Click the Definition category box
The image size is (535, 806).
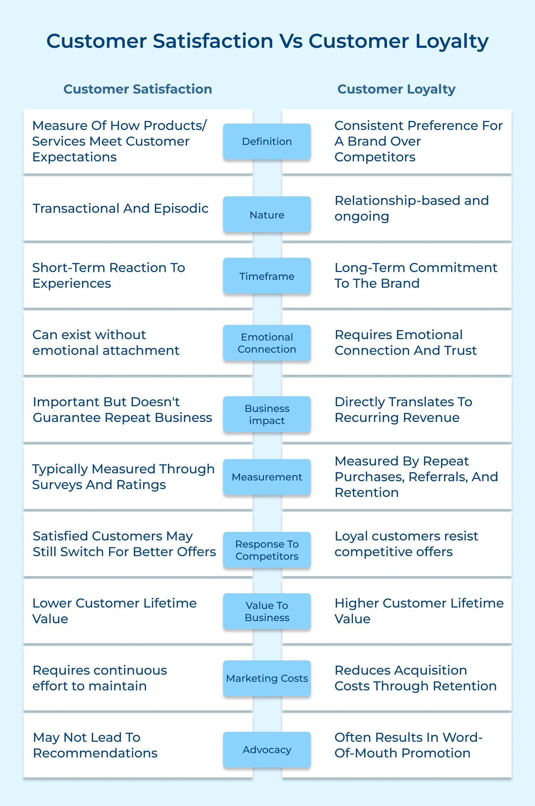[267, 141]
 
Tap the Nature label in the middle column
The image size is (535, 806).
[267, 215]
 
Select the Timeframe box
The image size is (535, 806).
[267, 276]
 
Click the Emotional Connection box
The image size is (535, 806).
[267, 343]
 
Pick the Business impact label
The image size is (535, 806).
[267, 414]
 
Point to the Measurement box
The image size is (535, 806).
[267, 477]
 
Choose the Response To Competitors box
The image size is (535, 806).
[267, 550]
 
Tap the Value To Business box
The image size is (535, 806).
[267, 611]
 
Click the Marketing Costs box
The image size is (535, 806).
[267, 678]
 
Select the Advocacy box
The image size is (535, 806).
[267, 750]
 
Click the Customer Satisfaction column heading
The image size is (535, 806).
[138, 89]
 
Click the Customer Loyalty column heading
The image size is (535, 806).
[396, 89]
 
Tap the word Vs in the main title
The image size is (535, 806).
[291, 41]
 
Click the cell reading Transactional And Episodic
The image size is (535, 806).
[121, 208]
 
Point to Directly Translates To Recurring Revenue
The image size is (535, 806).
[403, 410]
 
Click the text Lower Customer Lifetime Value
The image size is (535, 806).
[114, 611]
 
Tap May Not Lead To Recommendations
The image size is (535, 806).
[95, 745]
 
